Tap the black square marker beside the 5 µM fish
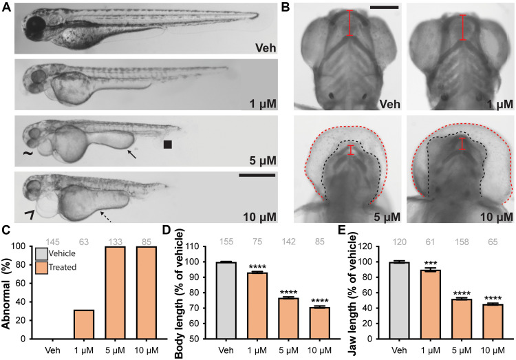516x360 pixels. (x=167, y=145)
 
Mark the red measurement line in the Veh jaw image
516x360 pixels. (x=332, y=21)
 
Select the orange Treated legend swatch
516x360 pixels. (x=42, y=267)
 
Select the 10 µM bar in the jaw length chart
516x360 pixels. (x=489, y=321)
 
